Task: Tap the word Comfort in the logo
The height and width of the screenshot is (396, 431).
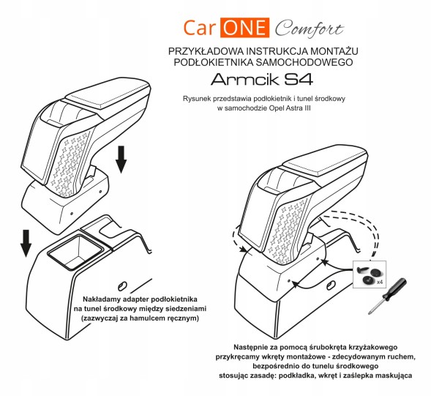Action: pyautogui.click(x=309, y=29)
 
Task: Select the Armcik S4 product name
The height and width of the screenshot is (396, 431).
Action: pyautogui.click(x=262, y=80)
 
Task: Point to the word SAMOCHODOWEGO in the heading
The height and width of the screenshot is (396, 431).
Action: pyautogui.click(x=304, y=62)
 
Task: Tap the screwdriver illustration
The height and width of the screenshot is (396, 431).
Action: pyautogui.click(x=387, y=296)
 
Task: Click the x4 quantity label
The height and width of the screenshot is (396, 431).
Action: pyautogui.click(x=380, y=282)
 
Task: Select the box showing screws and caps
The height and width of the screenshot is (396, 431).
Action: pyautogui.click(x=370, y=274)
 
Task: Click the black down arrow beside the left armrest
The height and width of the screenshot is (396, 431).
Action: pyautogui.click(x=121, y=160)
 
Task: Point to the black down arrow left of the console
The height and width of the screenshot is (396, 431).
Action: pyautogui.click(x=26, y=243)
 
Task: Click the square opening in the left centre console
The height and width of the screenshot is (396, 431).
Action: pyautogui.click(x=75, y=252)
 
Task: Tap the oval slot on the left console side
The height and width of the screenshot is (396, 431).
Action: pyautogui.click(x=121, y=286)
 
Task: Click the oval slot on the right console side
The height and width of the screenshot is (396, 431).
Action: pyautogui.click(x=331, y=285)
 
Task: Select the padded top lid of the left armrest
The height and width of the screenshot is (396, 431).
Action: pyautogui.click(x=108, y=93)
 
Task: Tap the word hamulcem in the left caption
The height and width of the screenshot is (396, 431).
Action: pyautogui.click(x=149, y=318)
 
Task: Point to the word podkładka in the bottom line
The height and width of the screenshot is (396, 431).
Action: pyautogui.click(x=296, y=376)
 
